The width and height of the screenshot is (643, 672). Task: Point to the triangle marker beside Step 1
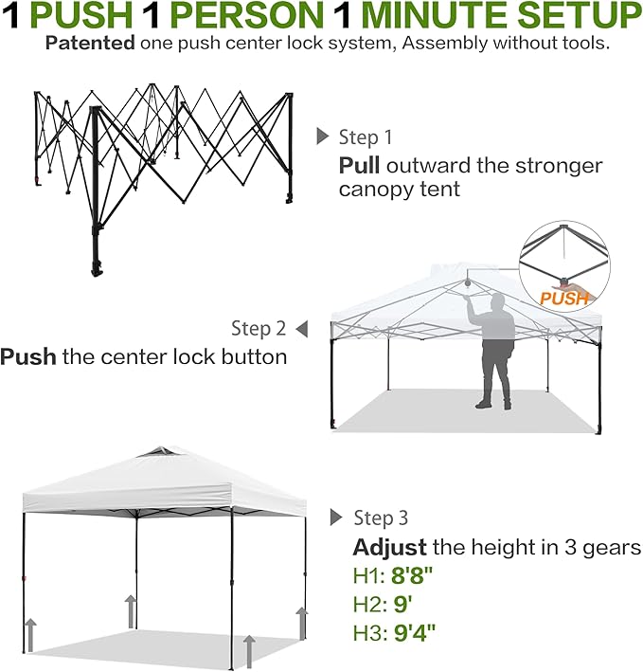(x=322, y=136)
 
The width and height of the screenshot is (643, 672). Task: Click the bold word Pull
(x=359, y=166)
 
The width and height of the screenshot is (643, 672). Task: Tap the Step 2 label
(x=259, y=329)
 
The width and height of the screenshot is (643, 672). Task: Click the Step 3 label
(x=381, y=518)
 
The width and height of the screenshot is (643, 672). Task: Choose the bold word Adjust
(x=389, y=548)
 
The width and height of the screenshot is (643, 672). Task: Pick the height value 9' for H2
(x=402, y=604)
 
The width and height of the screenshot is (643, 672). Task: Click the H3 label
(x=366, y=631)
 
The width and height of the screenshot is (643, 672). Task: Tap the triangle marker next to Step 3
(x=335, y=518)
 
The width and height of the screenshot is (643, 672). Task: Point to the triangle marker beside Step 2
(x=301, y=329)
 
